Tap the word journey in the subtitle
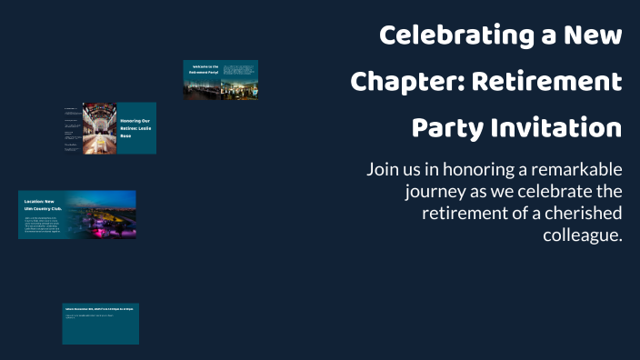click(435, 191)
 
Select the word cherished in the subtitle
click(581, 213)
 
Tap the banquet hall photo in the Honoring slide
click(99, 128)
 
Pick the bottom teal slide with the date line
click(100, 324)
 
